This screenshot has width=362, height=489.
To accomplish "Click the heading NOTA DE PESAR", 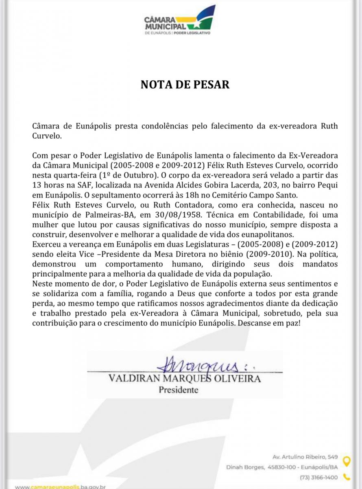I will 185,84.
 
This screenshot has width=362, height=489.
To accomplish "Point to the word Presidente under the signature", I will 178,390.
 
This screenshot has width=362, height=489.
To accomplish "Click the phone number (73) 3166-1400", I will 318,477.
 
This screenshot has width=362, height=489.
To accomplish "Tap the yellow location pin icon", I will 346,461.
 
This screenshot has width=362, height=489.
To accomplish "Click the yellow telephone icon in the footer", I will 346,477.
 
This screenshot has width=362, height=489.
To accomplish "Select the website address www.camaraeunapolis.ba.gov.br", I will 61,487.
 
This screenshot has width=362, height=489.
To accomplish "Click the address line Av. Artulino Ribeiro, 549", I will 305,457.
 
